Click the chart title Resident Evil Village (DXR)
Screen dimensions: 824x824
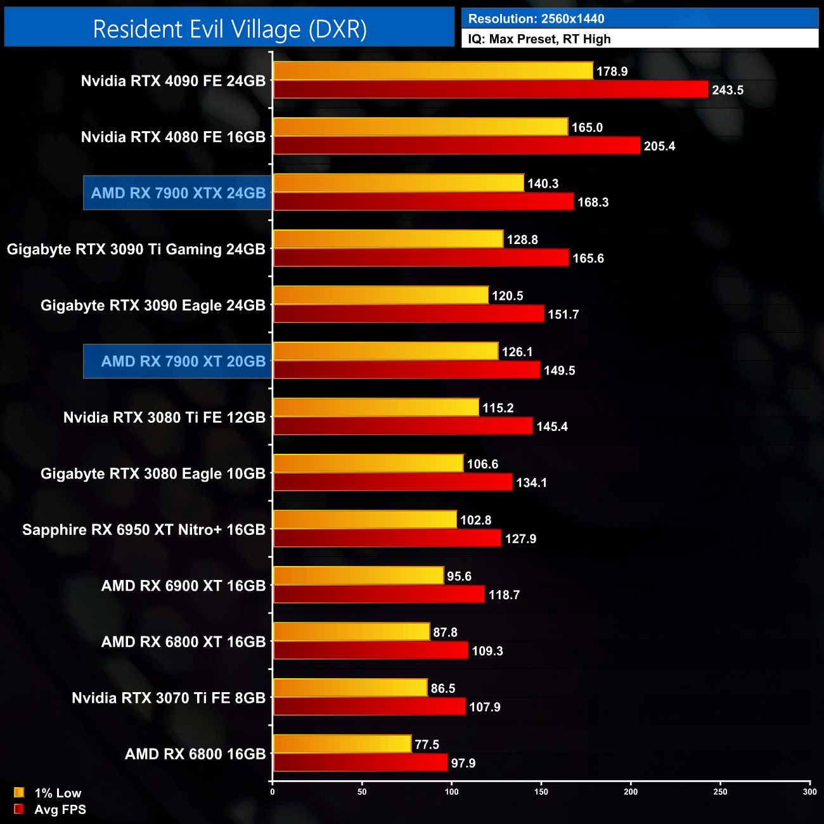[229, 29]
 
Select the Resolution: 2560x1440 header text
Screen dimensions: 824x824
[536, 19]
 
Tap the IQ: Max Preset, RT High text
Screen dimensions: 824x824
[539, 39]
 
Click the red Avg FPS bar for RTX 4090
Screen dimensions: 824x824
[491, 89]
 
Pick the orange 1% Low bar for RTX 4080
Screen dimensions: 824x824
[420, 127]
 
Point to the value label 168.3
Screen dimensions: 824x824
[593, 202]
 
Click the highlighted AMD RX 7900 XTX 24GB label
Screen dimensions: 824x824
[178, 193]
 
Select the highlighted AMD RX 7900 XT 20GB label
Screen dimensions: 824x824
[183, 361]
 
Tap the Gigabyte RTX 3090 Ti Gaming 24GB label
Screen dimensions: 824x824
[136, 249]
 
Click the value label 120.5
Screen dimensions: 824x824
[507, 296]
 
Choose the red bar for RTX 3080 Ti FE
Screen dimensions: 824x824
[403, 426]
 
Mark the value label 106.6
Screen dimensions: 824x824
[482, 464]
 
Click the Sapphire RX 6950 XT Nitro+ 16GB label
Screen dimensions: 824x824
[143, 530]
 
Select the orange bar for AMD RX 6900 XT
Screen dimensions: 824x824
[358, 576]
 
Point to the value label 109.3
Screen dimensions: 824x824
[487, 651]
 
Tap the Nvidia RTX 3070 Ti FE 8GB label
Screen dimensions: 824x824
[168, 698]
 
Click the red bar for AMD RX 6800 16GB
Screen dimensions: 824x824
[360, 763]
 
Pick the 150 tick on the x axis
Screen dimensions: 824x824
[541, 792]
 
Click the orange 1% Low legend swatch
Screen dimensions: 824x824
[19, 792]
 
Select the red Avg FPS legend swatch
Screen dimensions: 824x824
[19, 809]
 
